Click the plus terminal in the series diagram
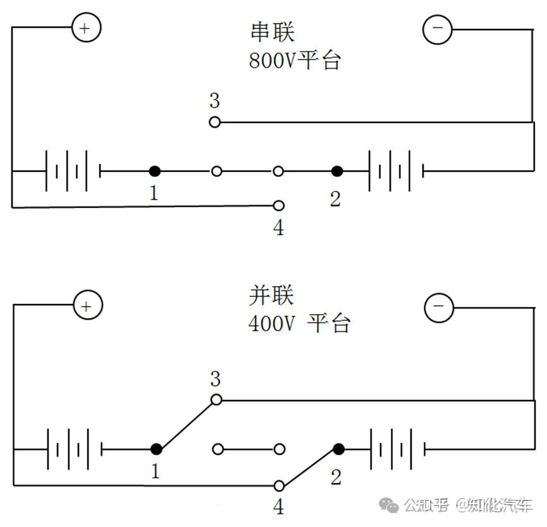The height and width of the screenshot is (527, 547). [x=86, y=28]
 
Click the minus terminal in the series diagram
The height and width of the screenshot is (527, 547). [x=437, y=29]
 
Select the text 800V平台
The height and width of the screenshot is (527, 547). [x=295, y=61]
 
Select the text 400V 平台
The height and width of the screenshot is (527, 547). [x=299, y=324]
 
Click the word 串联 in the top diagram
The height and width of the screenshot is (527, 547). [x=272, y=32]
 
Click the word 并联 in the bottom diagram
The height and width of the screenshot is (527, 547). [x=272, y=296]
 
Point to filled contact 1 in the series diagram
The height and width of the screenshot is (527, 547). [x=154, y=171]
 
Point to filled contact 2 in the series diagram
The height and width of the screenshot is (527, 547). [x=337, y=171]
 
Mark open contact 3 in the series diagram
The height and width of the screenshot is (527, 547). [x=215, y=122]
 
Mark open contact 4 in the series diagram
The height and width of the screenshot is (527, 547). [x=278, y=205]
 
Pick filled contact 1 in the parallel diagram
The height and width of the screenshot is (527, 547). [x=156, y=449]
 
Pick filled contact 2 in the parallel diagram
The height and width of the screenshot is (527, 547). [x=339, y=449]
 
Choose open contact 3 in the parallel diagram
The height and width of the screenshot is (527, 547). [x=216, y=399]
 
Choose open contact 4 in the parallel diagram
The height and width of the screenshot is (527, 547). [x=279, y=486]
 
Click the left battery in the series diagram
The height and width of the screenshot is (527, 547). [x=73, y=171]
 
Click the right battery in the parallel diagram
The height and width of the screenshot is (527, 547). [x=397, y=449]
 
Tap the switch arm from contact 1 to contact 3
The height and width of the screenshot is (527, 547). [x=186, y=425]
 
